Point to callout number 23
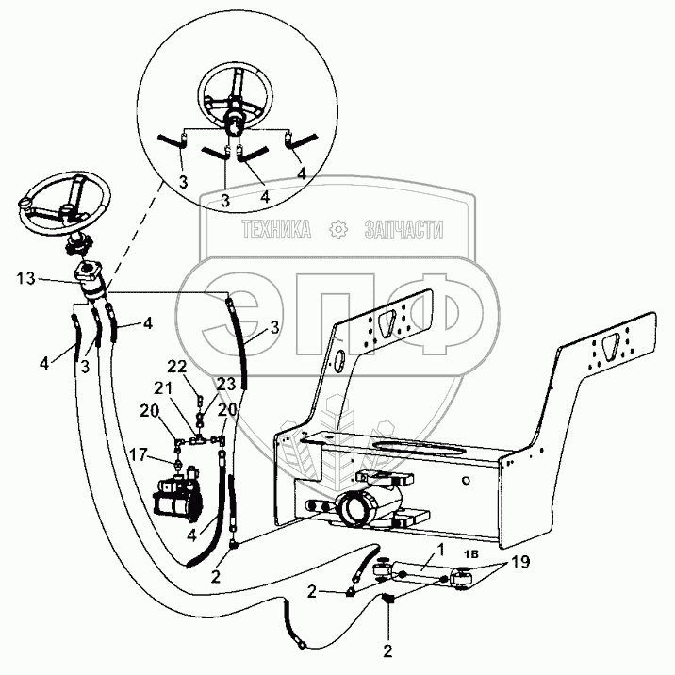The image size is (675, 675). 225,384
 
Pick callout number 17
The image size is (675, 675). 138,455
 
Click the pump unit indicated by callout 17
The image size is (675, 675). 176,495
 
